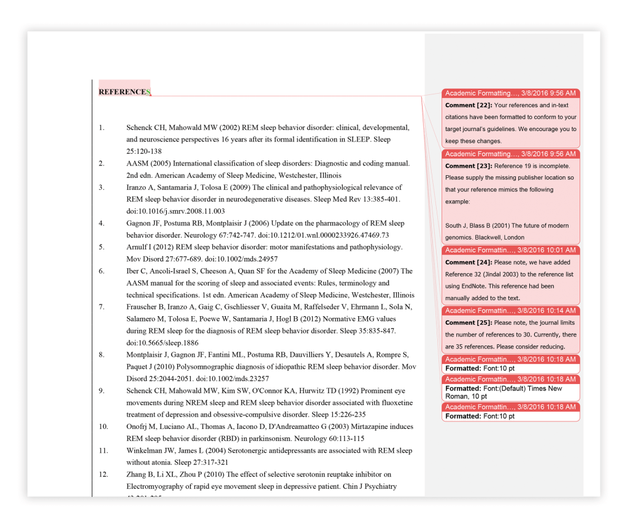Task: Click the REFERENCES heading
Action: [x=123, y=92]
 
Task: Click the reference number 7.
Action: [x=102, y=307]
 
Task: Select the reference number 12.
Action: [x=104, y=474]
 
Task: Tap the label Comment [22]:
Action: [x=469, y=105]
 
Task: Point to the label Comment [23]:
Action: [x=469, y=166]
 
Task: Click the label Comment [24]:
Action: [x=469, y=262]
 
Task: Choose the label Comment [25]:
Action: [x=469, y=322]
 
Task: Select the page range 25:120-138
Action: [x=144, y=151]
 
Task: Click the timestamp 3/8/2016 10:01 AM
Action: [x=546, y=250]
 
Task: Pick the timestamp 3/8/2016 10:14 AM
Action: [x=546, y=311]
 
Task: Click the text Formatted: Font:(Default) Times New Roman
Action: [x=503, y=392]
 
